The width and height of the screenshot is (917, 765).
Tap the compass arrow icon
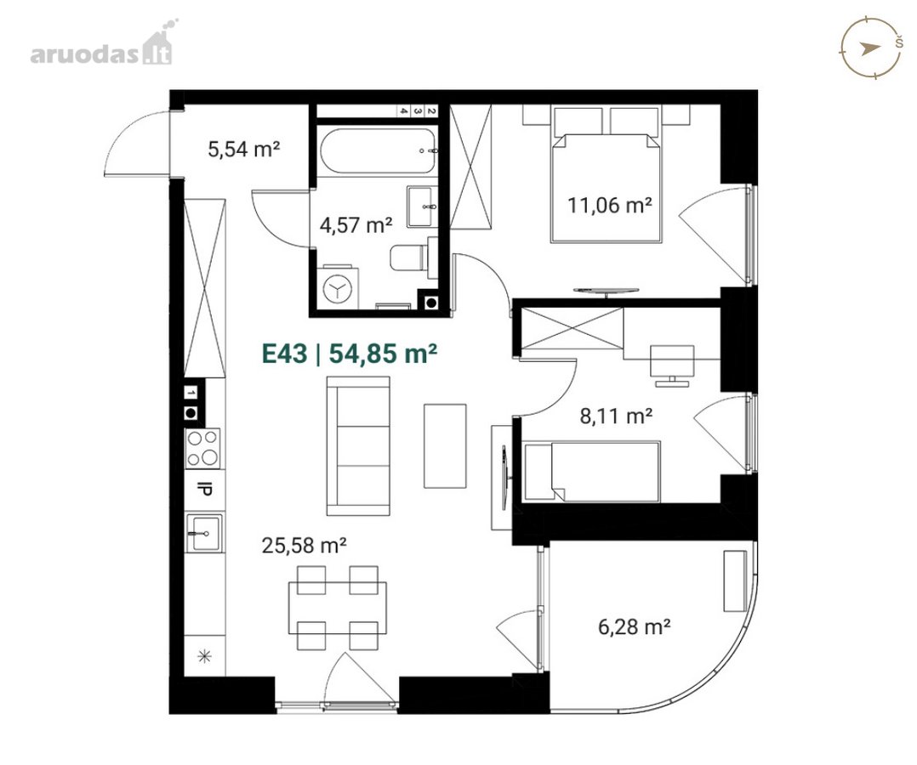870,48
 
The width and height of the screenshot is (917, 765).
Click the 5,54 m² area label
244,149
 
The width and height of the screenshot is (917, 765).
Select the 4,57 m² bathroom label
356,224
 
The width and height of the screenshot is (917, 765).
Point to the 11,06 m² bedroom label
610,205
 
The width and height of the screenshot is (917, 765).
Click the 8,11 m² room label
616,416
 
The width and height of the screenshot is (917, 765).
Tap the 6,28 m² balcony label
634,627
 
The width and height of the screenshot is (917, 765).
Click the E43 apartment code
284,354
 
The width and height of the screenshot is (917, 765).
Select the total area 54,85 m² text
383,354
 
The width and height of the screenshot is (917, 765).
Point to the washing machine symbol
338,287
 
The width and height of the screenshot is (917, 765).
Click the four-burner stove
203,448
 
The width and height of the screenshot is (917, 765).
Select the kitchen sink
203,532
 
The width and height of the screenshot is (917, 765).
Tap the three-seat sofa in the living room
358,446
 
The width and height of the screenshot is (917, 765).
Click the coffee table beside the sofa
445,445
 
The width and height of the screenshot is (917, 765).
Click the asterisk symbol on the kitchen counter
204,656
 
